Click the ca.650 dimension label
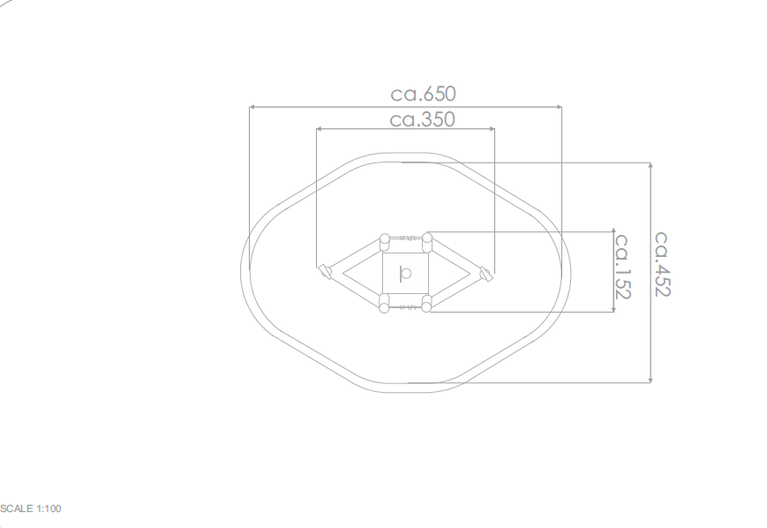point(423,94)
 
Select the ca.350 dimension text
point(422,119)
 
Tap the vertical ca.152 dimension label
point(622,267)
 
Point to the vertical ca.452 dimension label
point(662,264)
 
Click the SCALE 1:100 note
point(30,509)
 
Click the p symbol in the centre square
point(405,274)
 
